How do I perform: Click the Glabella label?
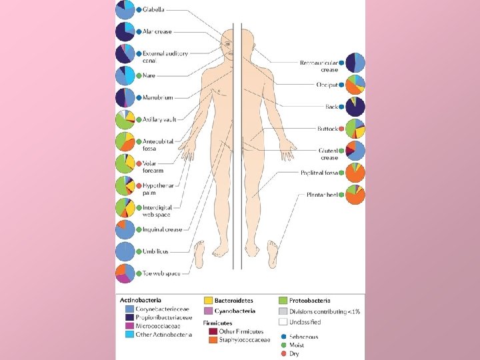(154, 10)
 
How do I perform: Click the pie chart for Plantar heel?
(355, 195)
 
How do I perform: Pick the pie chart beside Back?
(355, 107)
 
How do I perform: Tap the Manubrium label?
(158, 97)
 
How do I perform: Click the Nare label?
(149, 75)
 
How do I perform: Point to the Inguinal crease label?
(162, 229)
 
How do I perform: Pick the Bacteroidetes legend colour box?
(209, 301)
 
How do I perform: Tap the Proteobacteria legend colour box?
(283, 301)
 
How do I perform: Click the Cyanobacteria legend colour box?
(209, 311)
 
